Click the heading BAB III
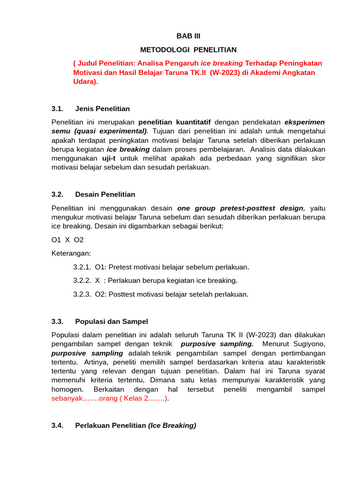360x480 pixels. point(188,36)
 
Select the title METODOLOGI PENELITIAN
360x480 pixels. point(188,49)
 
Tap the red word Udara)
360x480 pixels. point(86,82)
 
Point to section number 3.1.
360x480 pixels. point(57,109)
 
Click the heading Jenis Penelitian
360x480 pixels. point(102,109)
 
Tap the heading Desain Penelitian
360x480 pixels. point(105,195)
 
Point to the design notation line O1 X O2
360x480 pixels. point(67,240)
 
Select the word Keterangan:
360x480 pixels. point(71,253)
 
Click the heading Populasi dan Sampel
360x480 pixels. point(112,322)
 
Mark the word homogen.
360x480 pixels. point(67,390)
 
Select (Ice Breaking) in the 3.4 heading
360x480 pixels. point(172,426)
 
